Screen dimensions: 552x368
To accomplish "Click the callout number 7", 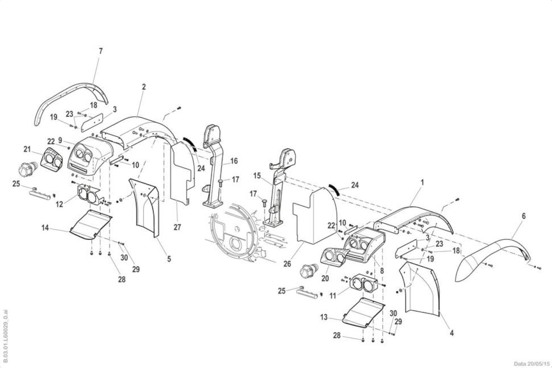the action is pyautogui.click(x=100, y=51).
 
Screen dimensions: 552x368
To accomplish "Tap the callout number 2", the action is pyautogui.click(x=144, y=87).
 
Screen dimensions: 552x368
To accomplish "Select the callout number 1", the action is pyautogui.click(x=422, y=182).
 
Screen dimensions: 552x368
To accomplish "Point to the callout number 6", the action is pyautogui.click(x=524, y=216).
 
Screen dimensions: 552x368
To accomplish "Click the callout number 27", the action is pyautogui.click(x=177, y=227).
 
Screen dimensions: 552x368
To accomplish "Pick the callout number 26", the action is pyautogui.click(x=287, y=264).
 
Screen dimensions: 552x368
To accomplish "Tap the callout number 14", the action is pyautogui.click(x=45, y=228).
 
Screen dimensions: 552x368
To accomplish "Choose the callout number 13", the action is pyautogui.click(x=324, y=317).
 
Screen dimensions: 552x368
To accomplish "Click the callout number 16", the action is pyautogui.click(x=234, y=161).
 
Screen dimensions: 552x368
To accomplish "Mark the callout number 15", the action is pyautogui.click(x=257, y=176).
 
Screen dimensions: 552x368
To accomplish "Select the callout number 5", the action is pyautogui.click(x=169, y=259).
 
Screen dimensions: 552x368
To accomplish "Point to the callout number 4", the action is pyautogui.click(x=452, y=333).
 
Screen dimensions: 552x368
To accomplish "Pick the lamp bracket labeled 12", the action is pyautogui.click(x=89, y=195).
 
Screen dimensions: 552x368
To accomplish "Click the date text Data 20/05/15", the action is pyautogui.click(x=532, y=364).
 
